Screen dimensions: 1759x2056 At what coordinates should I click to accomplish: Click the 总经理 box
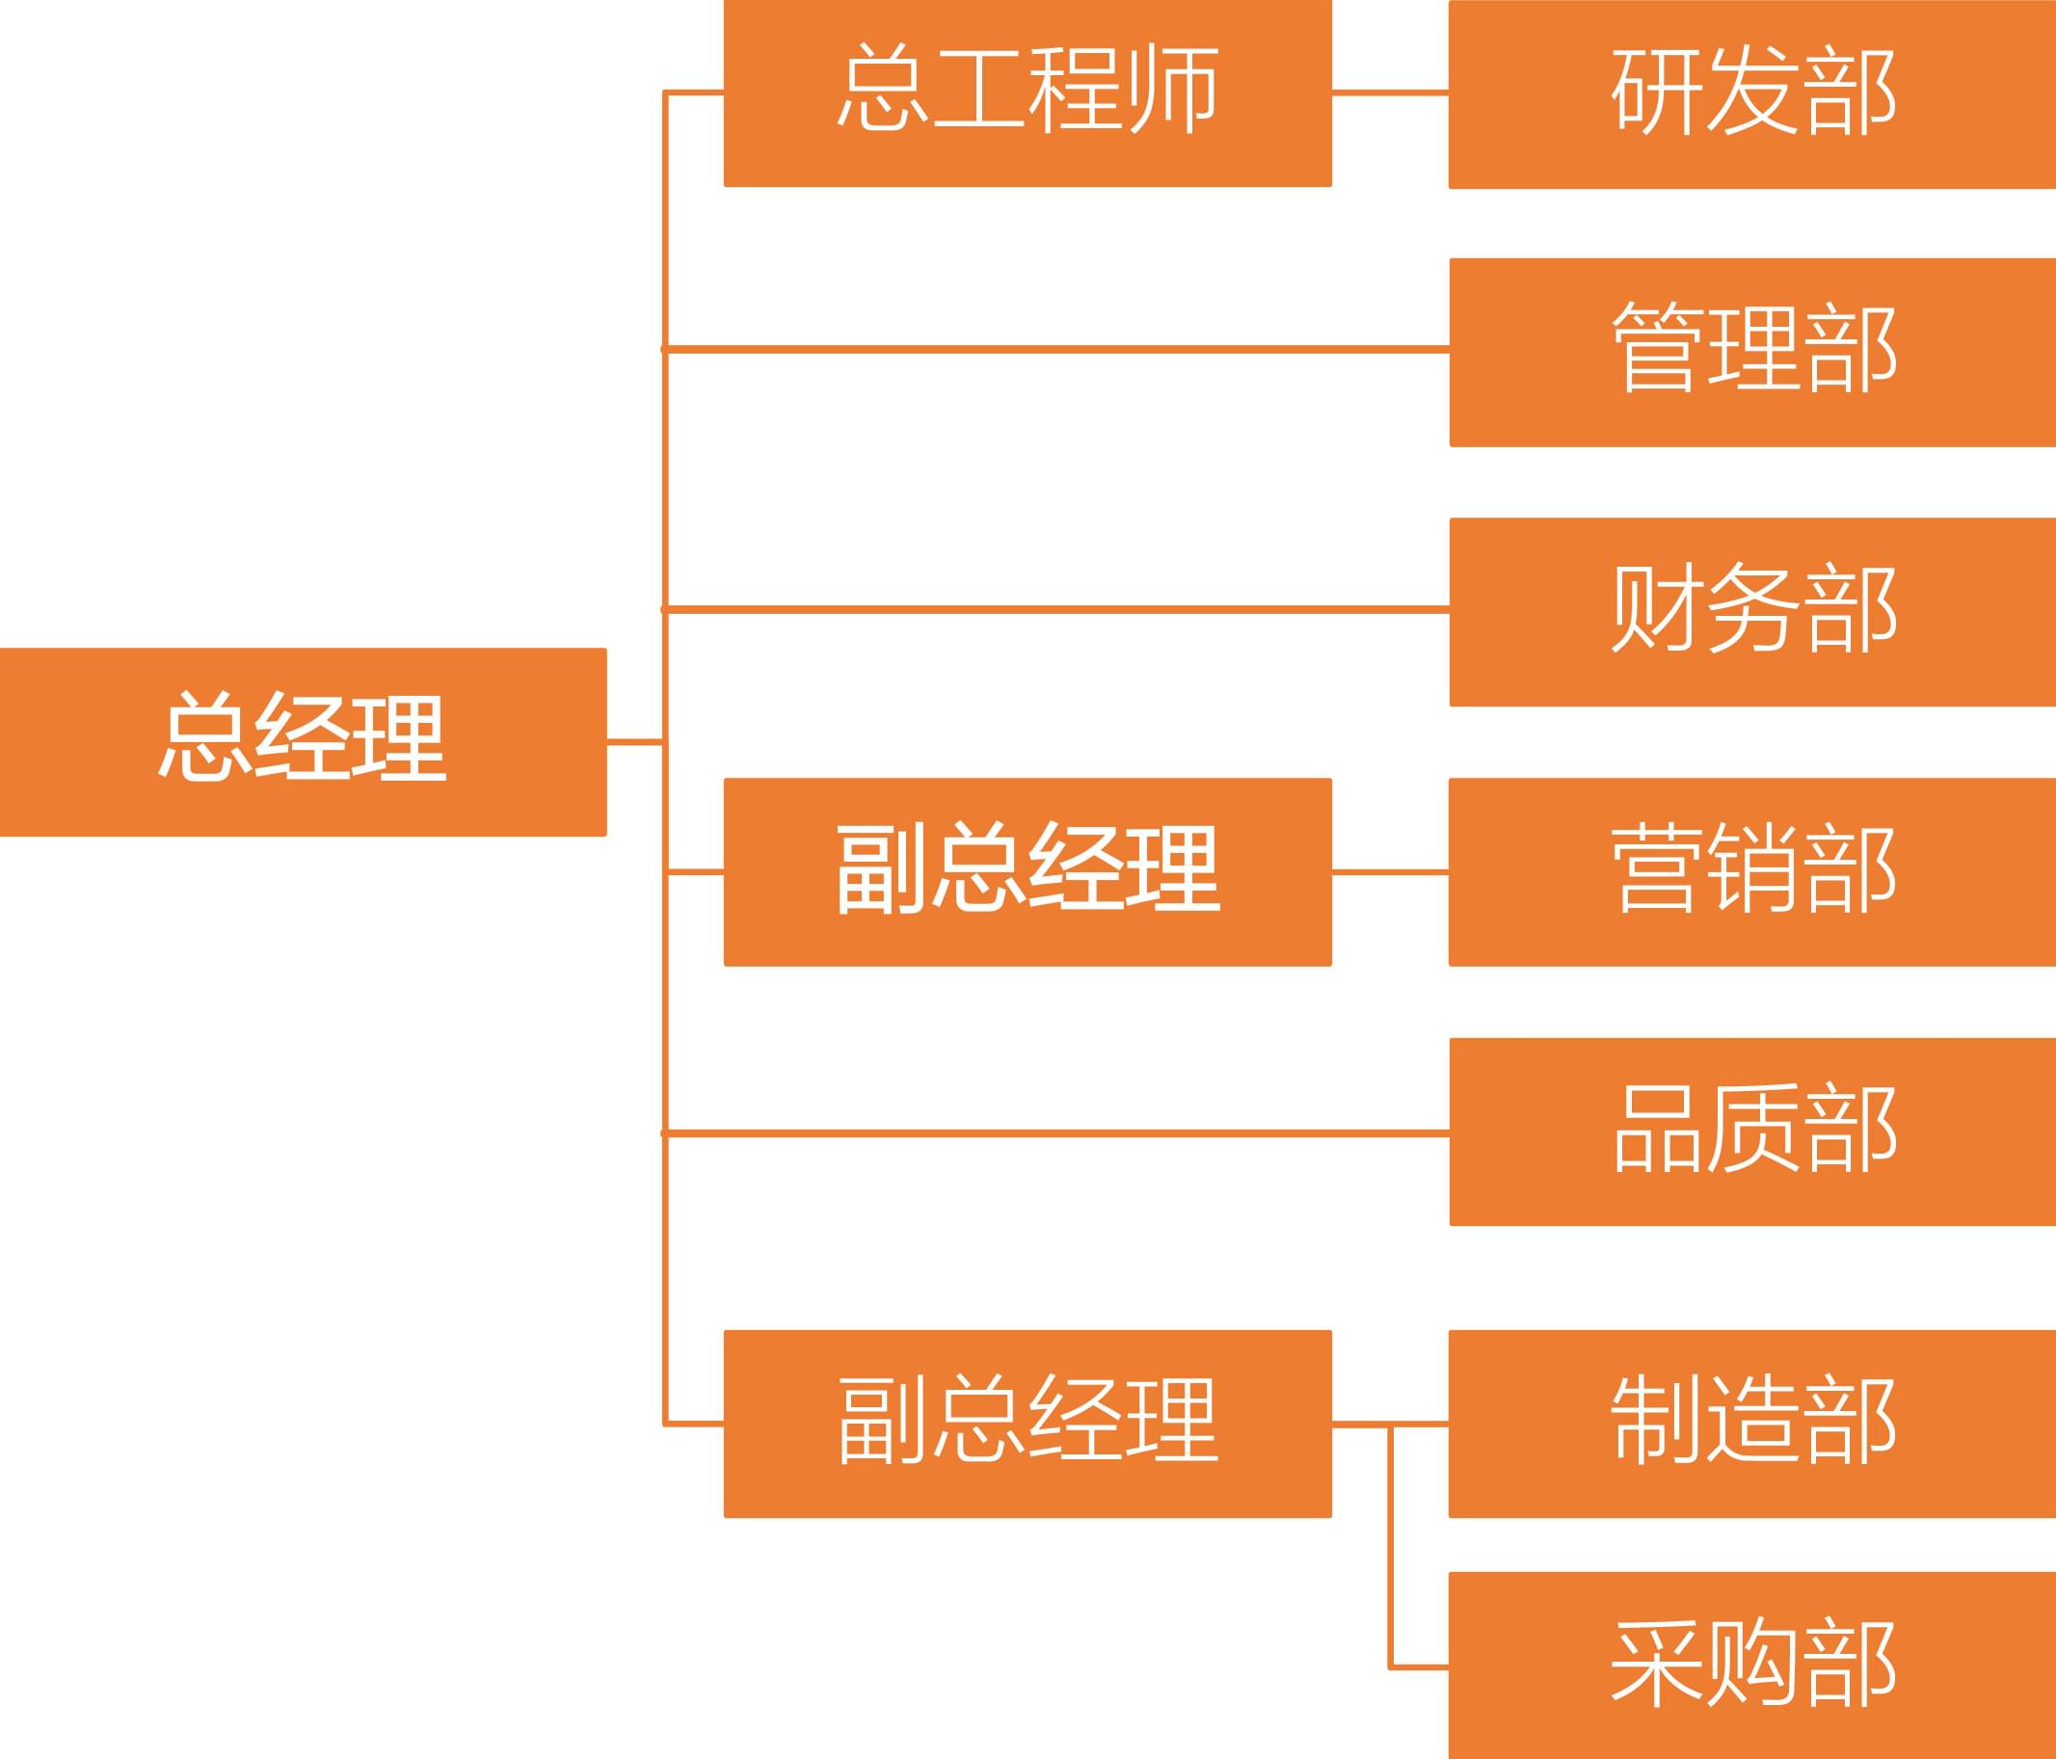coord(303,741)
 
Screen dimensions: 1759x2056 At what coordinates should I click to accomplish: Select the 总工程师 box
coord(1027,93)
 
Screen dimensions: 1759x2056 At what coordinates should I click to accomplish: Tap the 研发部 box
coord(1751,93)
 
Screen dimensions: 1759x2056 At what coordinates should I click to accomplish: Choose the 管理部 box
coord(1751,352)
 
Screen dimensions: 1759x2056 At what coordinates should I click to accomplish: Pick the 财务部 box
coord(1751,611)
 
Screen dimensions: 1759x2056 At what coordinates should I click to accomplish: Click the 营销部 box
coord(1751,871)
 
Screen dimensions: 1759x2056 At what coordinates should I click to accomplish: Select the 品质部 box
coord(1751,1131)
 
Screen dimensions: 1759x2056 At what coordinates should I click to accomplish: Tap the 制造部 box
coord(1751,1424)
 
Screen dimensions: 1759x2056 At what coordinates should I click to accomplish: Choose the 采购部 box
coord(1751,1666)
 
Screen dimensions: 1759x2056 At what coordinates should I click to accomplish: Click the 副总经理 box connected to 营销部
coord(1027,871)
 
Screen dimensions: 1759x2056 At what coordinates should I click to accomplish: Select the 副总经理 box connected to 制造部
coord(1027,1424)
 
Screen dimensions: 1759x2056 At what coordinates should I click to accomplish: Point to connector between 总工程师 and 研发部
coord(1389,93)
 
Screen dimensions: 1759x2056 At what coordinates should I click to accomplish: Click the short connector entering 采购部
coord(1419,1666)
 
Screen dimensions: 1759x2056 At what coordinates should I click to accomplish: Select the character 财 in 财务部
coord(1655,607)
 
